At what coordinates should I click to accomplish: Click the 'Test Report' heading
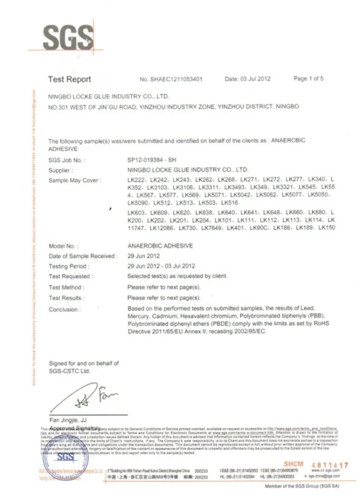point(70,79)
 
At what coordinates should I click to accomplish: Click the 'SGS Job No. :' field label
point(67,161)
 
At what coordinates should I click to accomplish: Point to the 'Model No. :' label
point(63,246)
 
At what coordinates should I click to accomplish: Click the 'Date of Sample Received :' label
point(83,256)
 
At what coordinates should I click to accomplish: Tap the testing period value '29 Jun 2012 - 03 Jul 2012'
point(161,265)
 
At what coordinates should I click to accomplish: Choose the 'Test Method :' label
point(65,287)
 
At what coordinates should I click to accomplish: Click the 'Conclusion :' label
point(64,309)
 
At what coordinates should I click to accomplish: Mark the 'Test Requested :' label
point(71,276)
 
